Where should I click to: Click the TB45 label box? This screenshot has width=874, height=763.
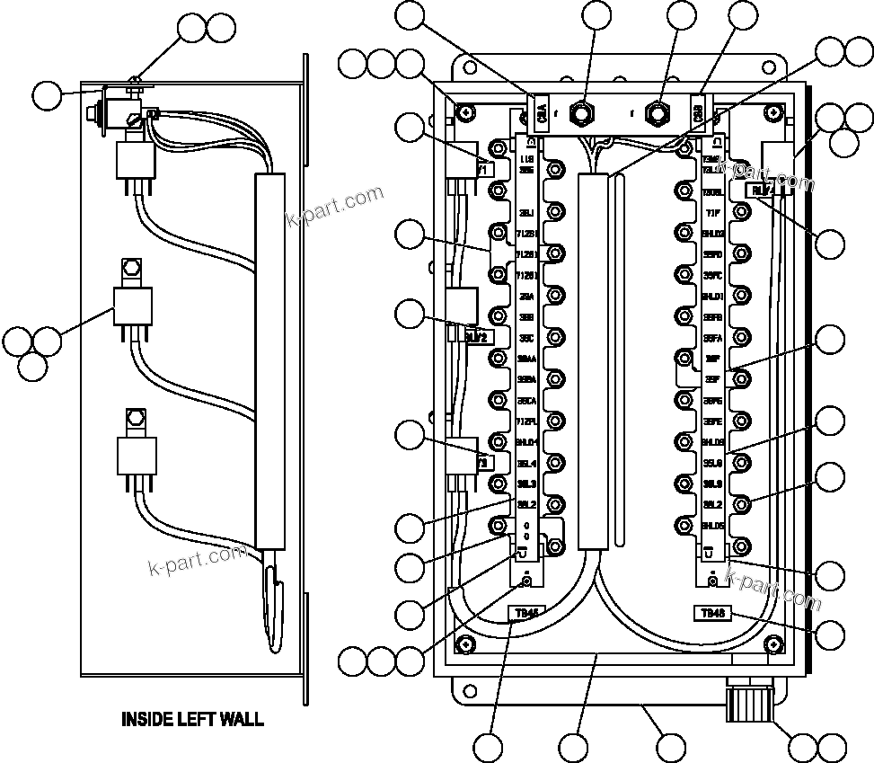click(525, 614)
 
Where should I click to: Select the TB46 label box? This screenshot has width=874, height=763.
click(712, 613)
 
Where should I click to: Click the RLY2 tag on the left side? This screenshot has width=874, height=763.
click(476, 336)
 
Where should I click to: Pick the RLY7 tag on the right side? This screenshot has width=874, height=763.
click(763, 191)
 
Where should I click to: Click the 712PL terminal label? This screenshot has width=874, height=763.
click(526, 421)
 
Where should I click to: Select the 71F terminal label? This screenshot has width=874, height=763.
click(712, 213)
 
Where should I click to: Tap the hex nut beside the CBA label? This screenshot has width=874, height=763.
click(584, 112)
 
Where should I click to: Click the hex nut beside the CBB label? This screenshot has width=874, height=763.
click(659, 112)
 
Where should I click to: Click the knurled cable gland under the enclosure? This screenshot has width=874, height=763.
click(748, 702)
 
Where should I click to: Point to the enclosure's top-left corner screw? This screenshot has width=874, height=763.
click(465, 112)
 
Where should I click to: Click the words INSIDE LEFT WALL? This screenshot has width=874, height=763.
click(192, 719)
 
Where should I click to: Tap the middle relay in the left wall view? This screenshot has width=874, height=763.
click(132, 306)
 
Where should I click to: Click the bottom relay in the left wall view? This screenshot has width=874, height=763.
click(137, 455)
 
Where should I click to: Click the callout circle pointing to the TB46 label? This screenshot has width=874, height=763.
click(831, 634)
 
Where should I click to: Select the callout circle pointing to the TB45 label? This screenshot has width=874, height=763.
click(490, 748)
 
